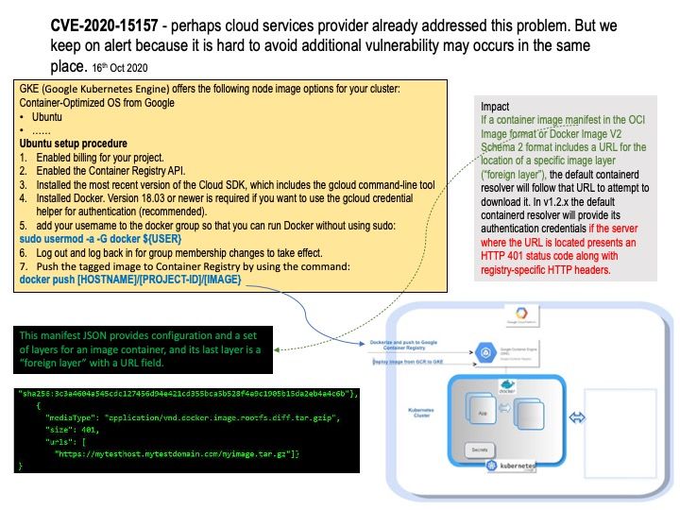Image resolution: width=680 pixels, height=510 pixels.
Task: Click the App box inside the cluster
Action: click(484, 413)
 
